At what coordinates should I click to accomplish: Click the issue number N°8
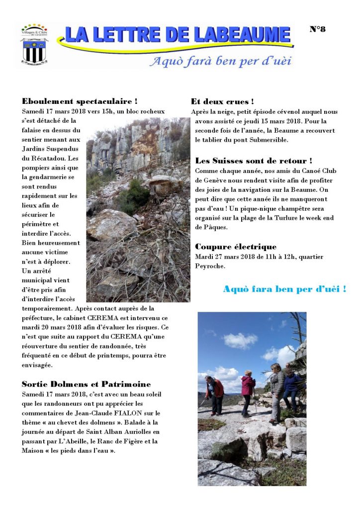pos(317,29)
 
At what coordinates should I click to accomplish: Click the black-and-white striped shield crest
pos(33,51)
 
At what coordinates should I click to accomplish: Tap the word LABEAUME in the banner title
pos(243,35)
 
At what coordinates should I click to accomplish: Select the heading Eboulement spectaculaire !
pos(80,102)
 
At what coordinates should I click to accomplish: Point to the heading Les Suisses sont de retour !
pos(254,161)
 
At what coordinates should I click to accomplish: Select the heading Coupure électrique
pos(236,247)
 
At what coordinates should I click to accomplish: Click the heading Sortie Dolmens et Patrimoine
pos(86,384)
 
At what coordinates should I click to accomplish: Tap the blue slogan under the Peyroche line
pos(284,289)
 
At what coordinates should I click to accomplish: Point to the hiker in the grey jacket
pos(276,390)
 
